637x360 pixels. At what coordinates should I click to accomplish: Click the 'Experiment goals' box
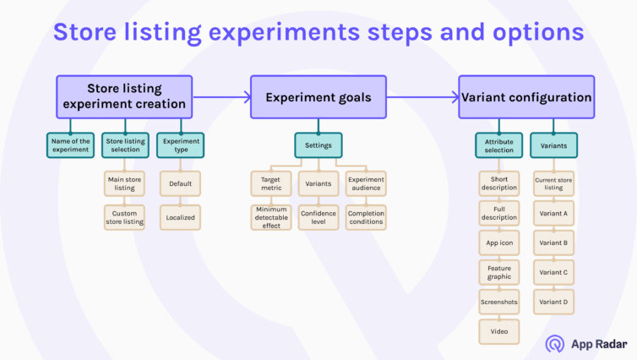point(318,97)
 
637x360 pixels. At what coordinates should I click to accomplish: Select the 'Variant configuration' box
point(526,97)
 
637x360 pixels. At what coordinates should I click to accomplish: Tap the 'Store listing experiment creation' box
point(124,97)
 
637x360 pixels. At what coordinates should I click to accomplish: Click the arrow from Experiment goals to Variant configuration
point(422,97)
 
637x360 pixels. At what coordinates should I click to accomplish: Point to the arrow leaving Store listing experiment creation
point(221,97)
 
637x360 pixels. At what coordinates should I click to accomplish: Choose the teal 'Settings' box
point(318,145)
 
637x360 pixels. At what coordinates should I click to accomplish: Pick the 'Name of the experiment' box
point(70,145)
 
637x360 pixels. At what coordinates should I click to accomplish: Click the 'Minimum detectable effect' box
point(271,217)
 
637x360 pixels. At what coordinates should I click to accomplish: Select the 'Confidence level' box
point(318,217)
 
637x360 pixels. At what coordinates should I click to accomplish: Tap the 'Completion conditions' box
point(366,217)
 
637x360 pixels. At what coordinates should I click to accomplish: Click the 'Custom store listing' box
point(124,217)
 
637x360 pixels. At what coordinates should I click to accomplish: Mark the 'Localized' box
point(181,217)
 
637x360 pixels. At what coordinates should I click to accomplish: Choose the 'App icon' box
point(499,243)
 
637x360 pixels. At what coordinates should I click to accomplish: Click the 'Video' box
point(499,331)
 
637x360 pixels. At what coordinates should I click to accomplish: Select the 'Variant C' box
point(553,272)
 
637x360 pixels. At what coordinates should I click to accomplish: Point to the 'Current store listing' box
point(553,183)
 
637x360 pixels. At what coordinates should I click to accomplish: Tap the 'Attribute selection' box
point(499,145)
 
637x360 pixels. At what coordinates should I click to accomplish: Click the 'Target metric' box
point(271,183)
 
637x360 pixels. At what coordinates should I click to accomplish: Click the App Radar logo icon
point(555,344)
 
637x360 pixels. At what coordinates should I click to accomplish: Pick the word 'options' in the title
point(538,32)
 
